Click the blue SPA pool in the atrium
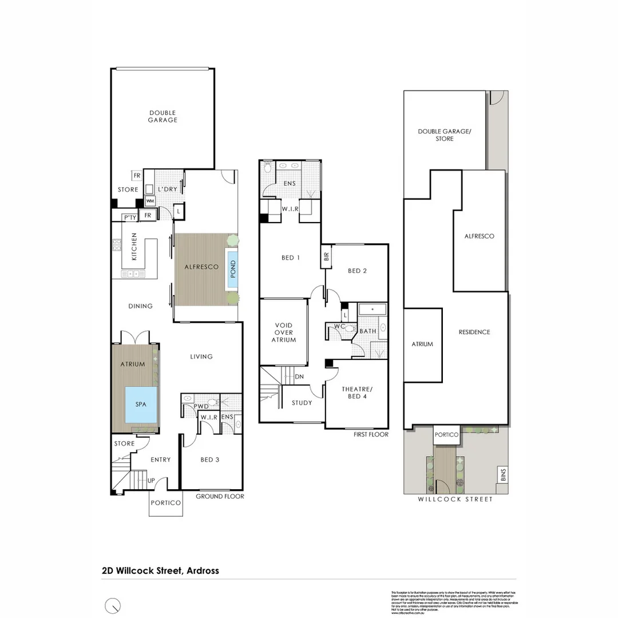tap(140, 404)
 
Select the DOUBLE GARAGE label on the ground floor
tap(163, 116)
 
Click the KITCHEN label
tap(134, 247)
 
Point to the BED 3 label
tap(211, 459)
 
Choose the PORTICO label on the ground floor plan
tap(166, 503)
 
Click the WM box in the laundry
tap(150, 201)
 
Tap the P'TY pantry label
tap(129, 217)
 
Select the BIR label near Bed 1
tap(327, 257)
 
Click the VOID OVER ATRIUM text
tap(283, 332)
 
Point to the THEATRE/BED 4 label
tap(357, 393)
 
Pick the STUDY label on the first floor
tap(302, 403)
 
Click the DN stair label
tap(299, 377)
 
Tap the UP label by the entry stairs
tap(152, 480)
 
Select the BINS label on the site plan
tap(501, 474)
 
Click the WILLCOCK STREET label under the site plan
tap(455, 500)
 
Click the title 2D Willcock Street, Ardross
tap(160, 571)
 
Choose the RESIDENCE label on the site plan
tap(474, 332)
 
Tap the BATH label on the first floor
tap(367, 331)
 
